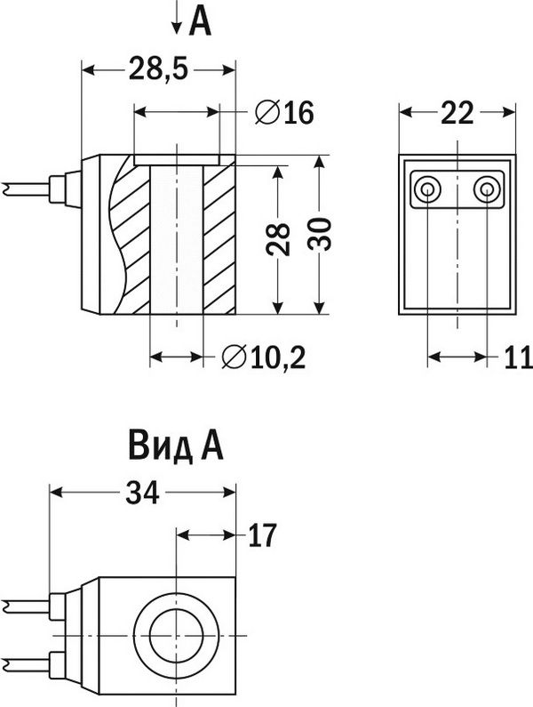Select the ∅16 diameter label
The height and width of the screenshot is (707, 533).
284,113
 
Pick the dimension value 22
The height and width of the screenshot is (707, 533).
456,113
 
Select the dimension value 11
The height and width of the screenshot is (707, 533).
517,358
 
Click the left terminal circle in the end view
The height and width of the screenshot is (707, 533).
427,189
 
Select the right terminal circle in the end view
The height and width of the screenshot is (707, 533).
486,189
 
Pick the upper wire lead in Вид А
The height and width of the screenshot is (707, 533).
27,607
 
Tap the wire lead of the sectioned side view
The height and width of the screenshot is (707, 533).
27,189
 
